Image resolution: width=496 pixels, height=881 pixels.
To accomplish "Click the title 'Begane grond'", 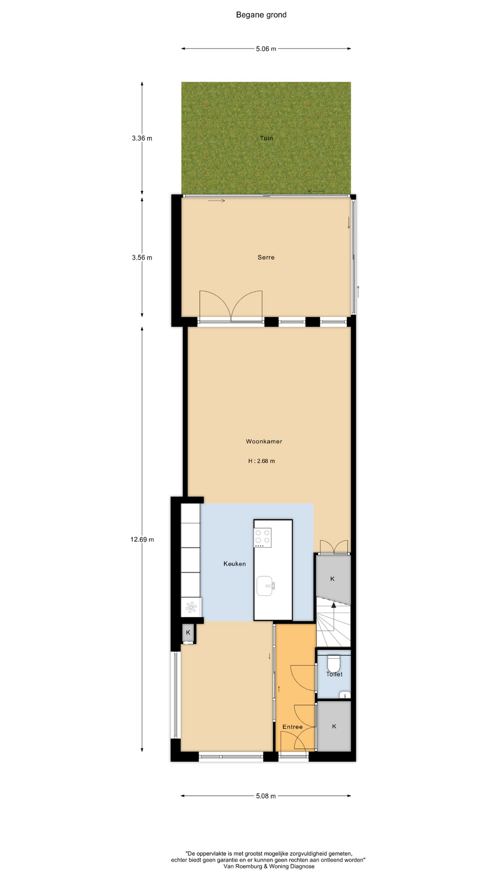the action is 261,15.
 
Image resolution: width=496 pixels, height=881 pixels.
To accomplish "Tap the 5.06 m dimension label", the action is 266,49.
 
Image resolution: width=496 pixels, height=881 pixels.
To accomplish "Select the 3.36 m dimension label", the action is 142,138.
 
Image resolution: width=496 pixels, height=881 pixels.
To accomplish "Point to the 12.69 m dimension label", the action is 142,540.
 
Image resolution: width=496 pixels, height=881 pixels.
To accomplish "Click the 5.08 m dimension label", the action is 266,796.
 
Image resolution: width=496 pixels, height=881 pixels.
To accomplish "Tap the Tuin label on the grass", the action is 266,138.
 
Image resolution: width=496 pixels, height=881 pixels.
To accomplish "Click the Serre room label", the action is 266,257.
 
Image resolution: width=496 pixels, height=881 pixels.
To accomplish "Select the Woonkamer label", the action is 264,441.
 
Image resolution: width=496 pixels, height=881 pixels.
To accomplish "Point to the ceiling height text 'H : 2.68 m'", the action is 261,461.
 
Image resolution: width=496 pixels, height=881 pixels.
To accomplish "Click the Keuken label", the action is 235,564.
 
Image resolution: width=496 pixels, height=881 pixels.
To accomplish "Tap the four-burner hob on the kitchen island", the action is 263,538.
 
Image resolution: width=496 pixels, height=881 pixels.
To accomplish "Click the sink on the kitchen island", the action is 266,586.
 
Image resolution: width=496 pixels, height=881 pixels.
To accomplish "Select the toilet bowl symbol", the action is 334,664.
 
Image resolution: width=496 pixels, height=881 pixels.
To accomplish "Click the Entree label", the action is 293,727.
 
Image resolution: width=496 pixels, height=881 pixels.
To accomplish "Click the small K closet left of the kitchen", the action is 188,633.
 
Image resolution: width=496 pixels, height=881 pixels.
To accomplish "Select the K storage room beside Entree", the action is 334,726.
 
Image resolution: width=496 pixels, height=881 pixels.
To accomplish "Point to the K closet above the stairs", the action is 333,579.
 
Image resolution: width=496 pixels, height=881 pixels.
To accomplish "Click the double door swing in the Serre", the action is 231,304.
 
